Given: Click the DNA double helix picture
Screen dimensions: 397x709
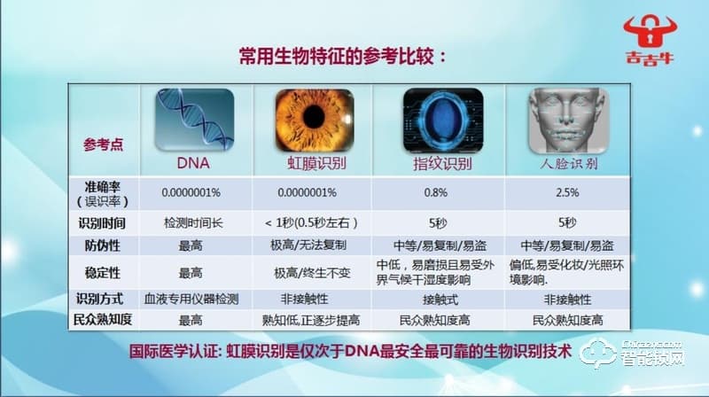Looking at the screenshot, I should [x=194, y=120].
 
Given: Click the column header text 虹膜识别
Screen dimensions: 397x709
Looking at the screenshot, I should [x=312, y=164].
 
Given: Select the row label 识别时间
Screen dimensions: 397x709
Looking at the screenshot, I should [x=103, y=222].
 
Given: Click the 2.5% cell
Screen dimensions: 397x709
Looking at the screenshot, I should [x=567, y=192].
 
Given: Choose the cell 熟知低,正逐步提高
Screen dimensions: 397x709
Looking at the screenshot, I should [x=313, y=319].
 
